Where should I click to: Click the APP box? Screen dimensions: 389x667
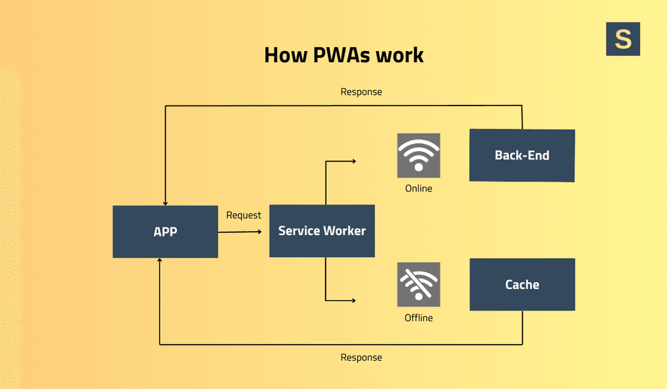(x=165, y=232)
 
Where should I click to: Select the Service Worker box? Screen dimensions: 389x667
(x=321, y=231)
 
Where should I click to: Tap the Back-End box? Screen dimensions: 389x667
(x=522, y=155)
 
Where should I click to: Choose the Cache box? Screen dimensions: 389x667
(x=522, y=284)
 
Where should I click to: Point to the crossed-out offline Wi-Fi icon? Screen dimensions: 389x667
(x=418, y=284)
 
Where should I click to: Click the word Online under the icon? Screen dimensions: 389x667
(x=418, y=189)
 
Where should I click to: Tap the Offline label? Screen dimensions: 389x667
(x=418, y=318)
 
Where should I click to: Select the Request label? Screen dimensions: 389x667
(x=243, y=215)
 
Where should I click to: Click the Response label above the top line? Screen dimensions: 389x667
(x=361, y=92)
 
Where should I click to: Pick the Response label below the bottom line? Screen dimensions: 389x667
(x=361, y=357)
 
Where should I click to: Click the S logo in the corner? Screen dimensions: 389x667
(x=623, y=39)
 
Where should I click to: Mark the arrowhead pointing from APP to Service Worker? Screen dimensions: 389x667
(x=259, y=232)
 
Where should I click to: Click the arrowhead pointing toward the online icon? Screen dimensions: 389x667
(x=353, y=161)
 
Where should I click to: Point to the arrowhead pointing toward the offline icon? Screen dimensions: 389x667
(x=353, y=300)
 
